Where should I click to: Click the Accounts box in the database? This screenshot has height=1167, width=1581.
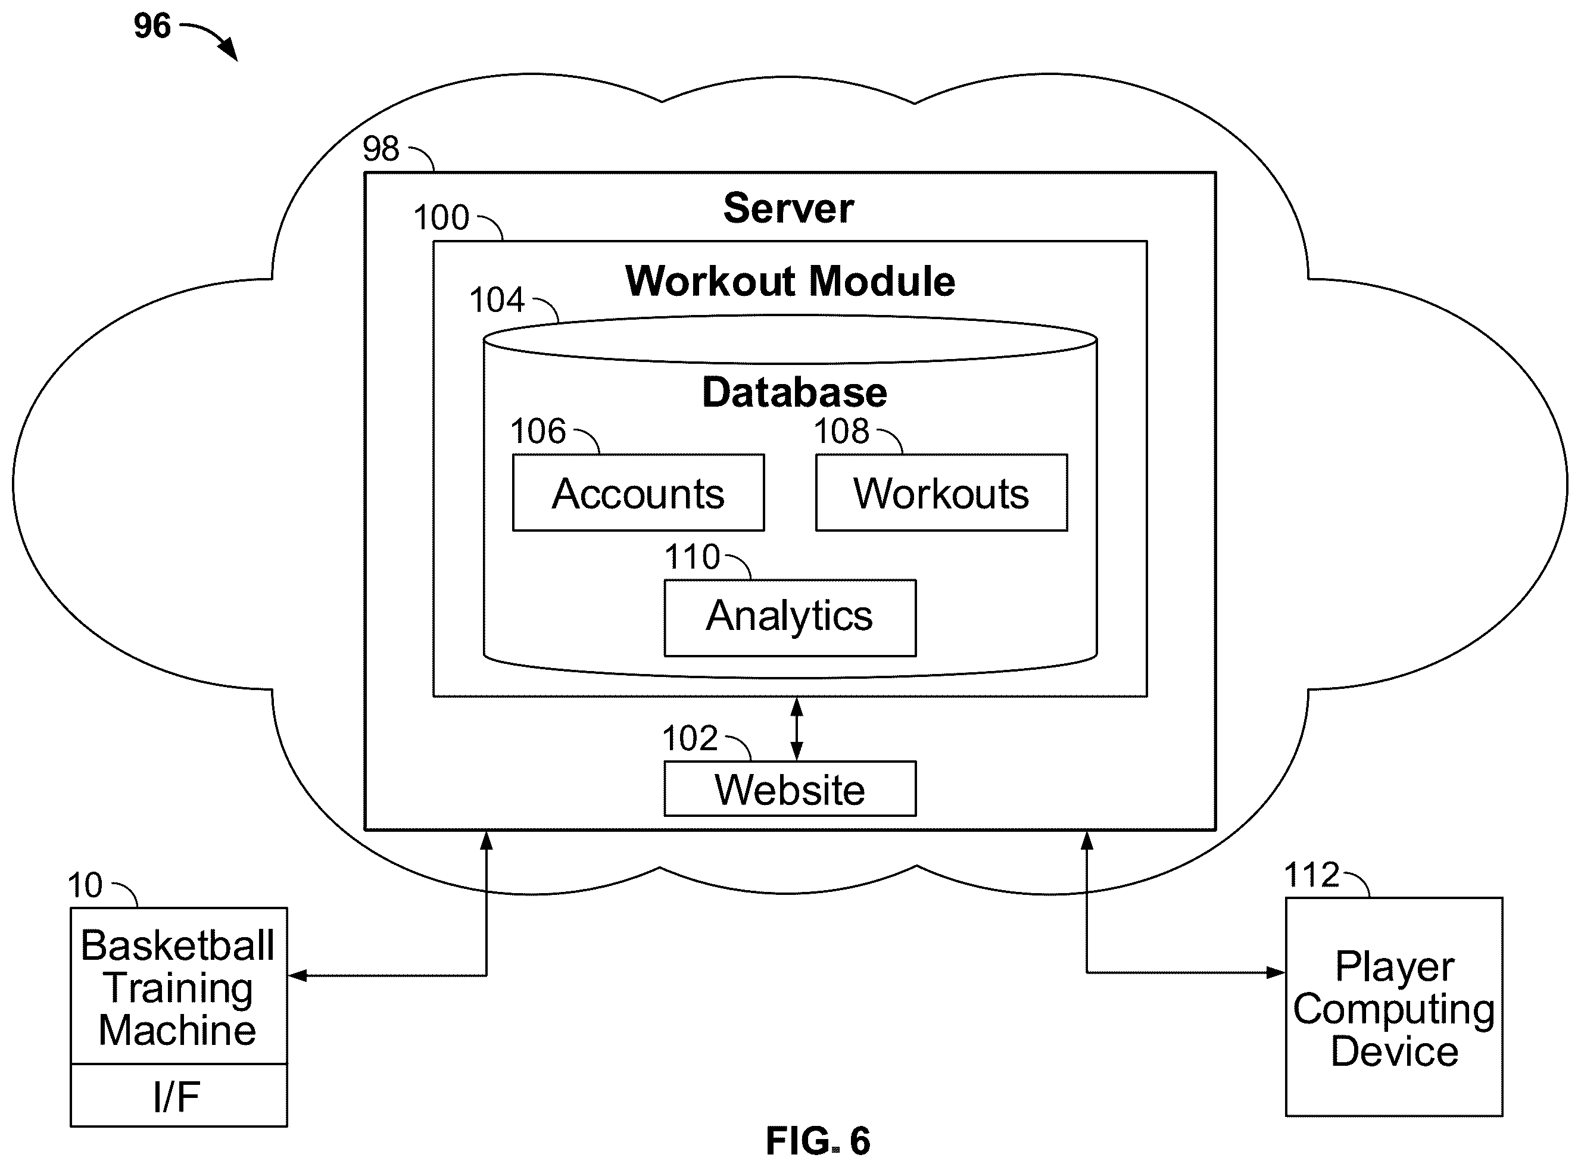pos(638,492)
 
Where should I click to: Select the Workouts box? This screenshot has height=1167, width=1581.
pos(941,492)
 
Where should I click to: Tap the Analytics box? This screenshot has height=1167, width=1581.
pos(790,618)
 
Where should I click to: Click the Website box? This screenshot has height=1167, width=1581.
pos(790,788)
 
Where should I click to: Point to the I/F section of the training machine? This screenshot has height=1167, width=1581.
pos(179,1096)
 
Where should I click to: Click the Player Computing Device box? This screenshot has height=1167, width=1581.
pos(1394,1007)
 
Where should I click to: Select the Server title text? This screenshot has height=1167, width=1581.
pos(788,208)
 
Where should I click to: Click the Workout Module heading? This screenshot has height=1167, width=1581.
pos(790,281)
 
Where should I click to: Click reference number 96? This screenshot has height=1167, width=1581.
pos(152,26)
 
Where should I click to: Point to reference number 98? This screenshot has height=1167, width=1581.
pos(381,149)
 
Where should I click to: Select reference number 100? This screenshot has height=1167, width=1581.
pos(441,217)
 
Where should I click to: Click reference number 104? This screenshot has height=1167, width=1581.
pos(497,299)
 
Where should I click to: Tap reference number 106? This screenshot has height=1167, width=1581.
pos(538,431)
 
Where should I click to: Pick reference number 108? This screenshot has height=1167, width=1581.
pos(841,431)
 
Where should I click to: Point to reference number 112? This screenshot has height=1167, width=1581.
pos(1311,875)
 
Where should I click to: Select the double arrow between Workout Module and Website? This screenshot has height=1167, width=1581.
pos(796,728)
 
